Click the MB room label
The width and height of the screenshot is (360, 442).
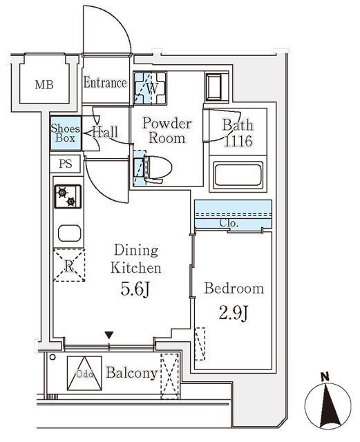44,84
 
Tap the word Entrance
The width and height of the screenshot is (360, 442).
105,83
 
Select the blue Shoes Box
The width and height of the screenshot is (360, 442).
66,133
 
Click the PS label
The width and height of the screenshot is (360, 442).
66,164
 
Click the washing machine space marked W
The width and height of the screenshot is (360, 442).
150,88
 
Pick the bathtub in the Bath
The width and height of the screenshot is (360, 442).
238,175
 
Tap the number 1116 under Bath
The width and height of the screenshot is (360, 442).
238,141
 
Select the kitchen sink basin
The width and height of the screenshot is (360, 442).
69,233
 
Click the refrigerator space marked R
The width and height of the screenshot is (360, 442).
69,265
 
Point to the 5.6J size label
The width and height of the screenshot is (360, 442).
135,289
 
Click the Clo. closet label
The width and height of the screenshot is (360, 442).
229,223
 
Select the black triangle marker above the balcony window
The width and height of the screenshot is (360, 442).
109,335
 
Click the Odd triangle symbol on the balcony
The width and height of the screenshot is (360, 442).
84,373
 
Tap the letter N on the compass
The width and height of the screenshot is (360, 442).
325,376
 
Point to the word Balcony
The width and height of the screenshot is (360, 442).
132,373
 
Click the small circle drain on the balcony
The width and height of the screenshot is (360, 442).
53,357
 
